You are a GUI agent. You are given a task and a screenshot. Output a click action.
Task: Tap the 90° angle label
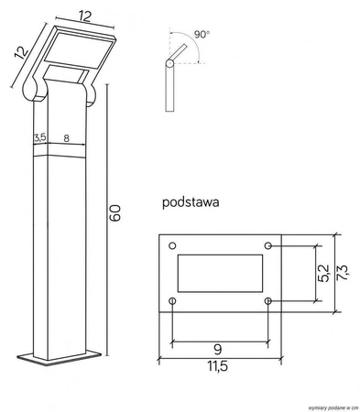(202, 34)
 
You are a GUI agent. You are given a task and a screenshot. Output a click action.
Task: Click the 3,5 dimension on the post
(39, 137)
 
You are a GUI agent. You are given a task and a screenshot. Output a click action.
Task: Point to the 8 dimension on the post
(65, 137)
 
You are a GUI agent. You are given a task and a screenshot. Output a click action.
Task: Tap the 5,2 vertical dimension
(320, 273)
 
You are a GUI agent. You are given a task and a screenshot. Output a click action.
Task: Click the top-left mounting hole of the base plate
(173, 245)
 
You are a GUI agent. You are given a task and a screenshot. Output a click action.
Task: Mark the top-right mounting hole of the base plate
(267, 245)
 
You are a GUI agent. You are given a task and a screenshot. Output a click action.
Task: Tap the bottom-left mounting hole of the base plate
(173, 300)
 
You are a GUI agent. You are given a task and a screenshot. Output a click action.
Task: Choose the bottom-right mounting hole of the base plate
(267, 300)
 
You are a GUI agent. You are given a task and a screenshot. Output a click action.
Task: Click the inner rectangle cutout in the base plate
(220, 273)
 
